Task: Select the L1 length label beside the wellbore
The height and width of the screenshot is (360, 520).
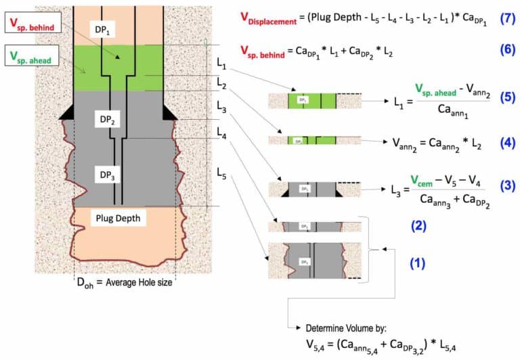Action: pyautogui.click(x=222, y=62)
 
